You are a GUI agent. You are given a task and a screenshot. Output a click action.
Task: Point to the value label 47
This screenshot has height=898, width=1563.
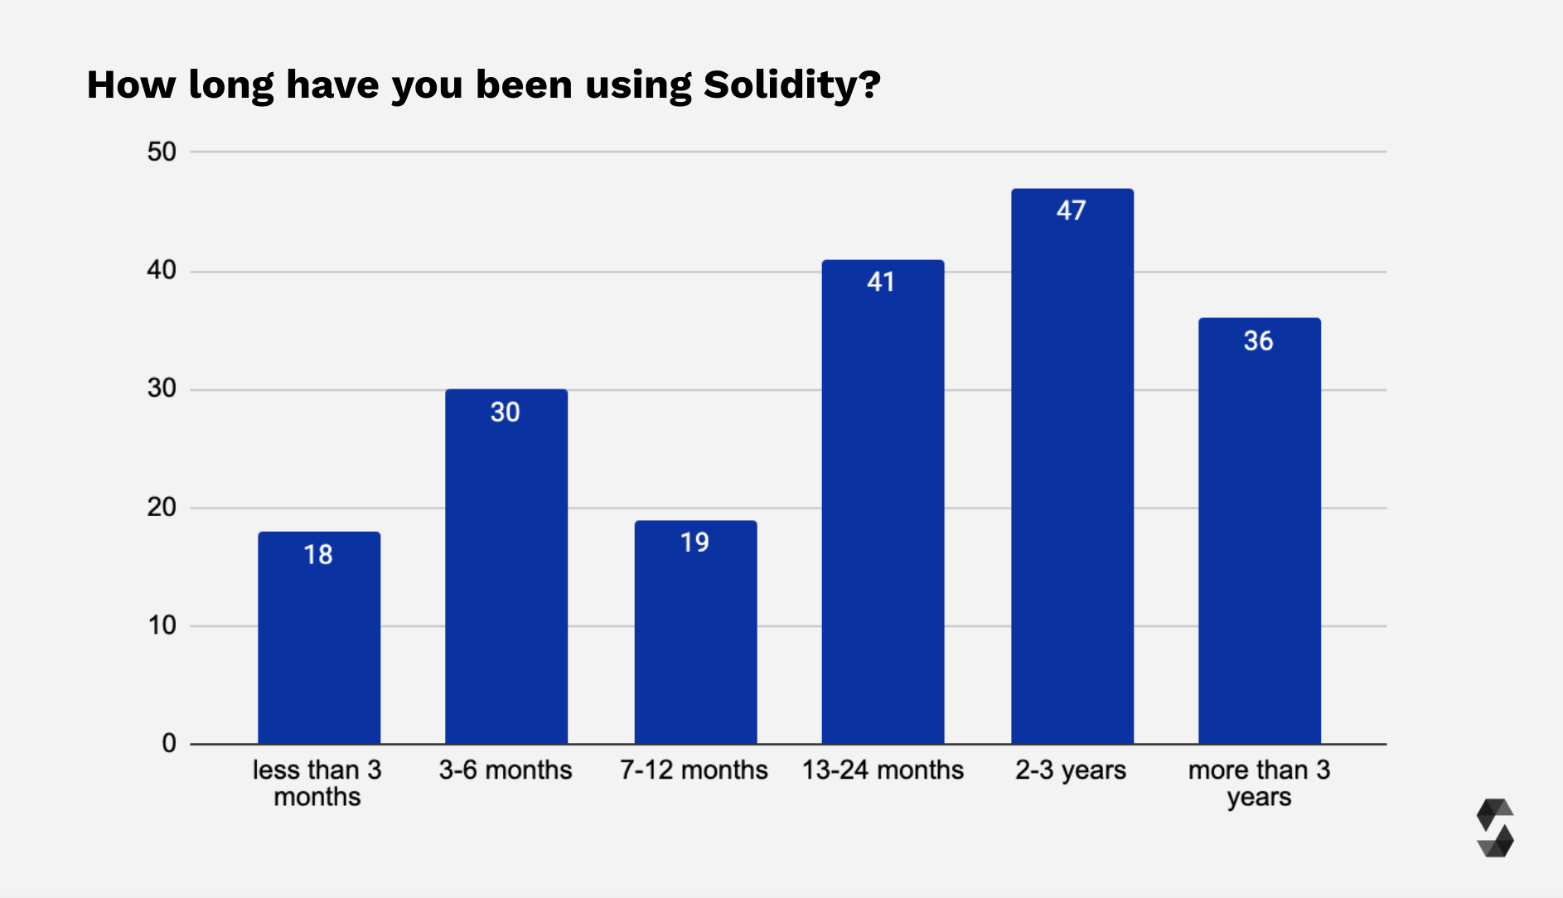(x=1071, y=210)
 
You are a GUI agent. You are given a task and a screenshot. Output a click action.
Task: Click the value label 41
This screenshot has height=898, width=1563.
(x=881, y=282)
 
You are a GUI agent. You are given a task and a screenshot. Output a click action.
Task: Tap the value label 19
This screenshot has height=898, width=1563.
(x=694, y=543)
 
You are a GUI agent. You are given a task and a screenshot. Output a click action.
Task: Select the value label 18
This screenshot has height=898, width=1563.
(x=318, y=554)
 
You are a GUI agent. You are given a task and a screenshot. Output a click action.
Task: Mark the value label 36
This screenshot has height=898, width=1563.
(x=1258, y=340)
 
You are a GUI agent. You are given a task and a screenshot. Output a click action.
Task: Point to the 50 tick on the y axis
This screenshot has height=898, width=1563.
(x=162, y=152)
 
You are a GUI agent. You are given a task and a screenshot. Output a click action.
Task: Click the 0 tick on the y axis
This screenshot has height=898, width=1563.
(x=169, y=743)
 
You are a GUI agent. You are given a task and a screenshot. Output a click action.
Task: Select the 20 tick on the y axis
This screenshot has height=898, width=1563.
(x=162, y=507)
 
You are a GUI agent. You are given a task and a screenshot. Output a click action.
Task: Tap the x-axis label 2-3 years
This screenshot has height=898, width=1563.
(x=1071, y=770)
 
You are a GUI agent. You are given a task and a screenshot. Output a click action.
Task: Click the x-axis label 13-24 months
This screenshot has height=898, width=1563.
(x=883, y=770)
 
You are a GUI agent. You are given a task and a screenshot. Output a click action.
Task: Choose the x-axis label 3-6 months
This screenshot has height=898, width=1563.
(x=506, y=770)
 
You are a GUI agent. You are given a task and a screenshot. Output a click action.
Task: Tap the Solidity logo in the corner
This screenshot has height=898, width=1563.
(x=1495, y=828)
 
